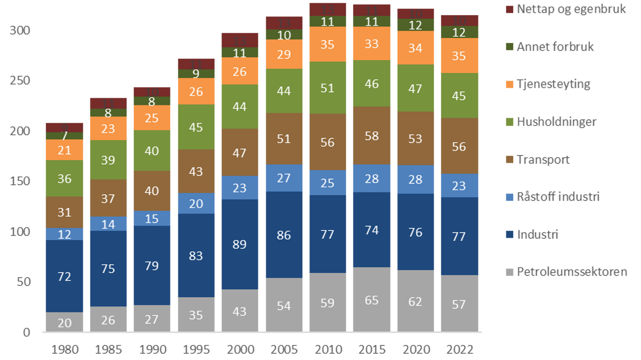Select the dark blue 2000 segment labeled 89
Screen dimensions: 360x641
[239, 244]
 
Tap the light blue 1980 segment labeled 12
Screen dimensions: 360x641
[64, 234]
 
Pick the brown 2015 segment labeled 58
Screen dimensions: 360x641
[371, 136]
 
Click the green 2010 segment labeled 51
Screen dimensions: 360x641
[328, 88]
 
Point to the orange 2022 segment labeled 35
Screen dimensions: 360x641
[459, 56]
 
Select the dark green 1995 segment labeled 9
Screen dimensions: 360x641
[196, 74]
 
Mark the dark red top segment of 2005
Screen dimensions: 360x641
[284, 22]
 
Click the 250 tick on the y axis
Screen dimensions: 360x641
[20, 80]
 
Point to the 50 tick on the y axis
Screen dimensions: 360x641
[24, 282]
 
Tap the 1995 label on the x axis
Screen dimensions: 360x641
[196, 349]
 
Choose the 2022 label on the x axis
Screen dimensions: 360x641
[460, 349]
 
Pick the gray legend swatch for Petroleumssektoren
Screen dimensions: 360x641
[509, 272]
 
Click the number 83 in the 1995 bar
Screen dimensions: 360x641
[196, 256]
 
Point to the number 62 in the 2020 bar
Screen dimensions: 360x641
[415, 301]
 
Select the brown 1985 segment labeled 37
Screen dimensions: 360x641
[108, 199]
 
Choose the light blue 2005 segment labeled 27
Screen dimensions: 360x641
[284, 178]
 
